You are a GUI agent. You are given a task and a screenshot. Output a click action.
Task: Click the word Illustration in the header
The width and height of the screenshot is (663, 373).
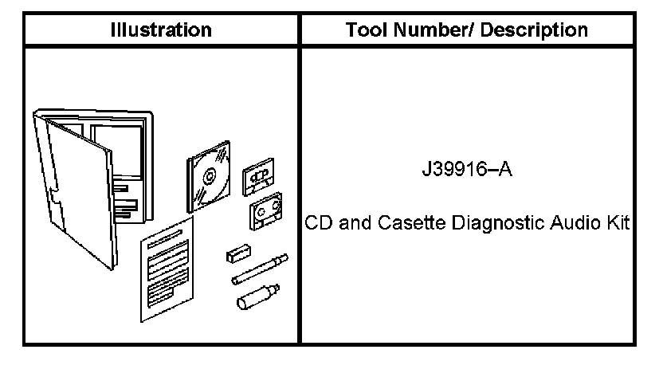coord(161,30)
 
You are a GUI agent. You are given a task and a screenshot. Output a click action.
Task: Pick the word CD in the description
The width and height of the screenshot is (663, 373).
coord(316,225)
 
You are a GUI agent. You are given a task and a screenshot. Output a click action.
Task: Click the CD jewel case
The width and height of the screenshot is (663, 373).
coord(208,173)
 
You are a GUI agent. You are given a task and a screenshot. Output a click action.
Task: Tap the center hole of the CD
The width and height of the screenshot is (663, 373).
coord(209,174)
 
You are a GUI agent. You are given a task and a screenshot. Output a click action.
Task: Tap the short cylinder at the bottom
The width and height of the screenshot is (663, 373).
coord(255,298)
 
